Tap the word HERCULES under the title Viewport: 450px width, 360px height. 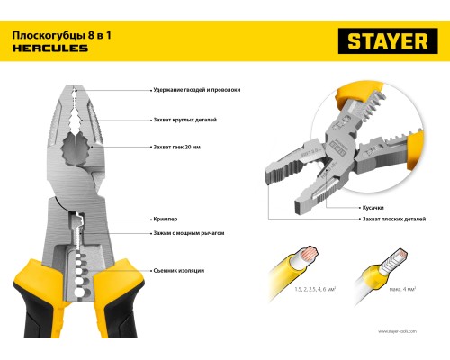[50, 49]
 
